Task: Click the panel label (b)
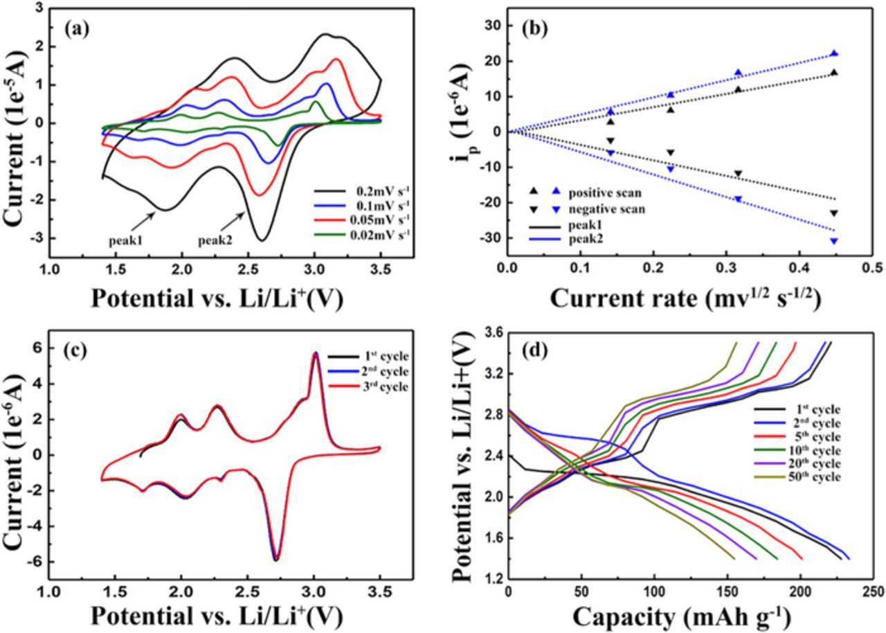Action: coord(537,29)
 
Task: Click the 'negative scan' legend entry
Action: coord(602,208)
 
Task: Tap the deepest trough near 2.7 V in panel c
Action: coord(276,558)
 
